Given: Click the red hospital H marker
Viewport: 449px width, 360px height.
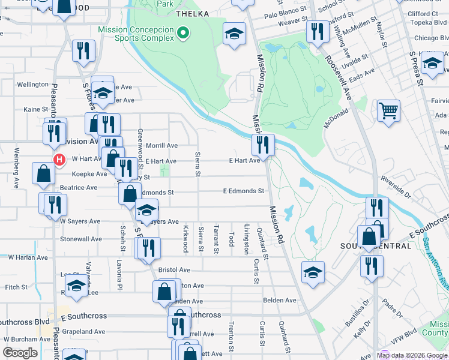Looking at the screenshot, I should (x=59, y=160).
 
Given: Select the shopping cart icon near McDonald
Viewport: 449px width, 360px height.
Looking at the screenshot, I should (x=388, y=110).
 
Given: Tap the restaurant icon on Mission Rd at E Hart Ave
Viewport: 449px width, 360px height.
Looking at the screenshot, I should (x=263, y=145).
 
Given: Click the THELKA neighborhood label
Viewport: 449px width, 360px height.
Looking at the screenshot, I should (x=192, y=13).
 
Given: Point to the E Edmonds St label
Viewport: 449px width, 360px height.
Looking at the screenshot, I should (x=243, y=191).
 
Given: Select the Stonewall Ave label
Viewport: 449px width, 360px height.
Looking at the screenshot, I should (x=81, y=239).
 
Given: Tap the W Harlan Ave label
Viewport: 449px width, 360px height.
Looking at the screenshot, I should (x=28, y=257).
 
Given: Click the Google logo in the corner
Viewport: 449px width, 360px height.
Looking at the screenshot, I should (x=20, y=353).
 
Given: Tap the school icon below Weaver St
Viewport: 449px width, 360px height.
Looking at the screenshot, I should (x=234, y=34).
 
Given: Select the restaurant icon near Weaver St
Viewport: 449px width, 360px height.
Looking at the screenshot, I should (x=317, y=31).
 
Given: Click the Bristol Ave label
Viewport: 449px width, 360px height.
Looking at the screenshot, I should (x=174, y=270).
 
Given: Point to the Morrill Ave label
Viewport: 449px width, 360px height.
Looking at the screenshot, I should (x=162, y=145).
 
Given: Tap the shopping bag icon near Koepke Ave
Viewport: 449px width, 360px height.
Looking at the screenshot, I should (x=44, y=173).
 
